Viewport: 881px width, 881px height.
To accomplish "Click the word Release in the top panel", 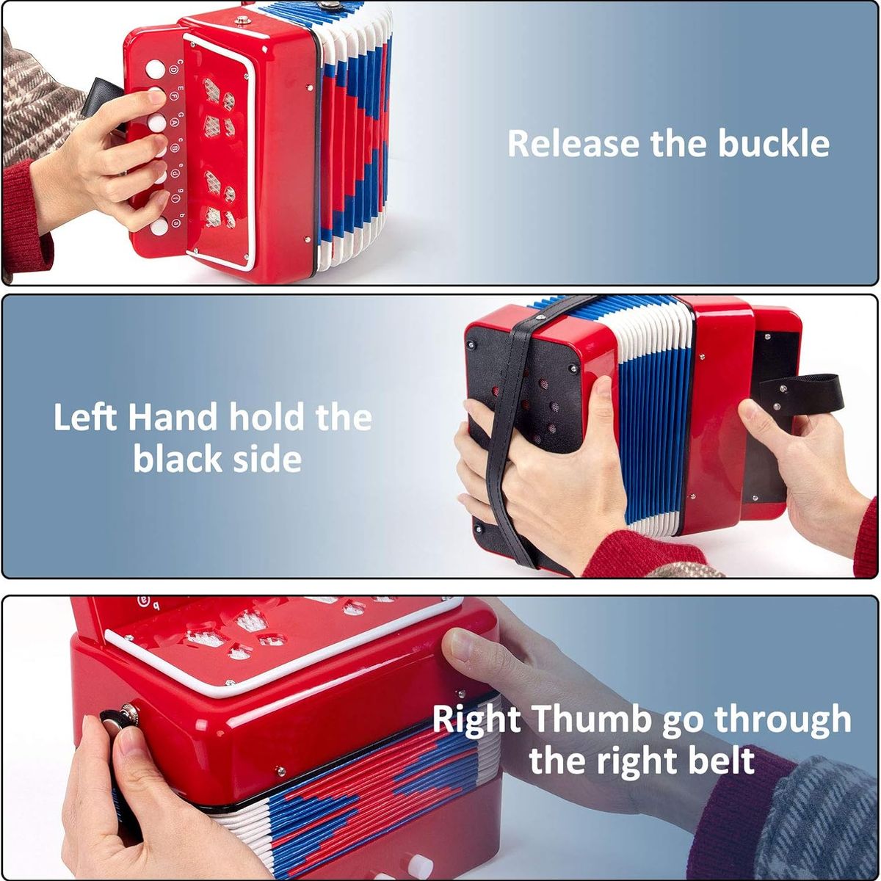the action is [574, 143].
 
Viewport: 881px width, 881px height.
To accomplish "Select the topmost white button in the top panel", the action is [155, 69].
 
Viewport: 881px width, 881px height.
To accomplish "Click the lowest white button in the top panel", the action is [159, 227].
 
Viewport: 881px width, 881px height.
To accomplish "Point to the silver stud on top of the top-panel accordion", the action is [242, 20].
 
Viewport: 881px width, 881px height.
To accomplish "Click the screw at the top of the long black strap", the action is [541, 317].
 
